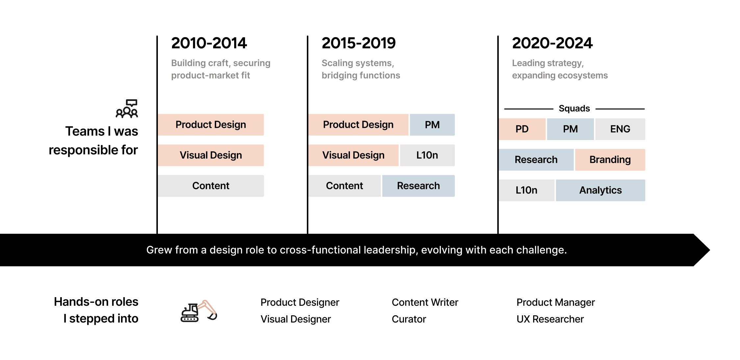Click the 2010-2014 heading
pos(209,43)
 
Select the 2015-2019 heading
pos(358,43)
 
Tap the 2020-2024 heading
pos(552,43)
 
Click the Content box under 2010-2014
pos(211,186)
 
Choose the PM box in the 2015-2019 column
pos(432,125)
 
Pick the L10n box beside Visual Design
pos(427,155)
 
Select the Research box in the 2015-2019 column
pos(418,186)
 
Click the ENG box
pos(620,129)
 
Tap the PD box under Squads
pos(522,129)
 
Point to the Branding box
pos(610,160)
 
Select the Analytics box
pos(601,190)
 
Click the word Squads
pos(574,108)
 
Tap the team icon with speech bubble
pos(127,109)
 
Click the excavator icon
pos(199,311)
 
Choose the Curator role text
pos(409,319)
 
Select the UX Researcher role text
pos(550,319)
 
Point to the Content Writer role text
pos(425,302)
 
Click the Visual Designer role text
pos(296,319)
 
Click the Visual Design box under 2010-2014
pos(211,155)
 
